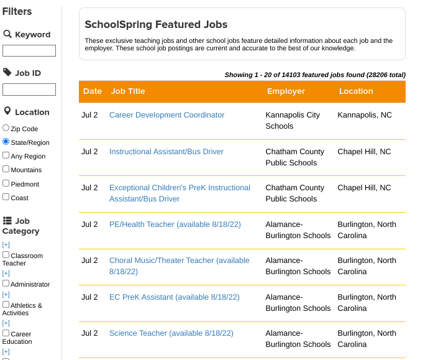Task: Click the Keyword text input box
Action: tap(29, 51)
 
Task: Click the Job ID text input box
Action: tap(29, 90)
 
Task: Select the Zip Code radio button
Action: tap(6, 128)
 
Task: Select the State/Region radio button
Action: tap(6, 142)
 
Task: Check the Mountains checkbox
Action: tap(6, 169)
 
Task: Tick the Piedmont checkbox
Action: tap(6, 183)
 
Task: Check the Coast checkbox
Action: tap(6, 197)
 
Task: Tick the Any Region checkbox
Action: tap(6, 155)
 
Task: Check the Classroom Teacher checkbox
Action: tap(6, 255)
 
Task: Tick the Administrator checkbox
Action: tap(6, 284)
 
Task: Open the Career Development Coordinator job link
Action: tap(166, 115)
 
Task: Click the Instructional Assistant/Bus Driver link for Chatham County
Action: tap(166, 152)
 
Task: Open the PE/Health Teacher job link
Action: tap(175, 224)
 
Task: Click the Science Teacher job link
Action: tap(171, 333)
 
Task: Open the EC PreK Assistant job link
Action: tap(174, 297)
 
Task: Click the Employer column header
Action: tap(286, 91)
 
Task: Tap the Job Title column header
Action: tap(128, 91)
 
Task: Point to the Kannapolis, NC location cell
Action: tap(365, 115)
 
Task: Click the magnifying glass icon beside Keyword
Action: tap(7, 34)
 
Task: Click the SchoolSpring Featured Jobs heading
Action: tap(156, 25)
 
